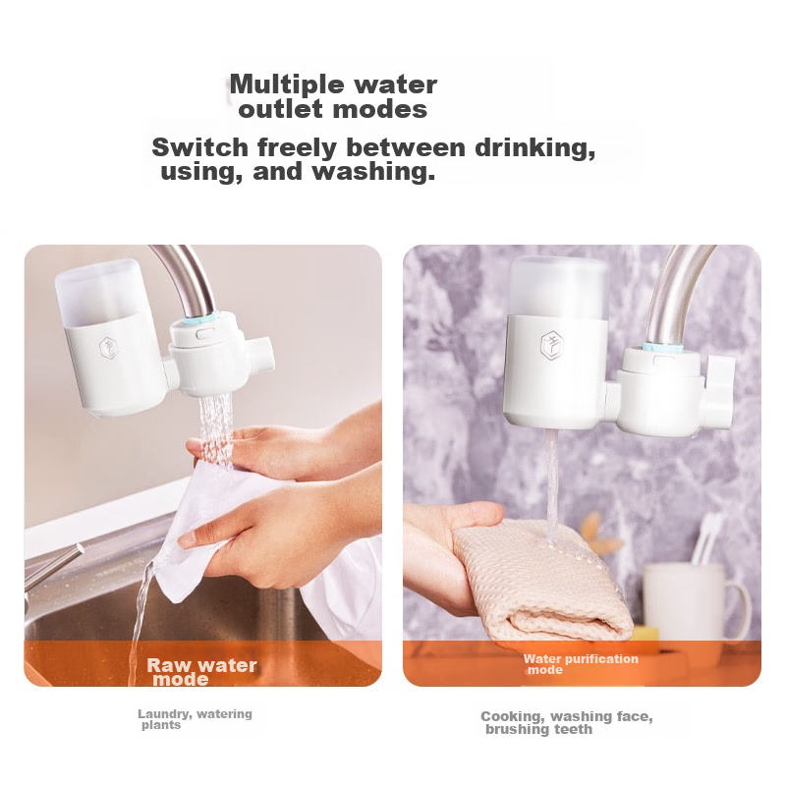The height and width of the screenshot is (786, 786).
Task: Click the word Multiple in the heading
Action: pos(288,84)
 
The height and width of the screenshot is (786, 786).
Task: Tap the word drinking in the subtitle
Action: pos(534,147)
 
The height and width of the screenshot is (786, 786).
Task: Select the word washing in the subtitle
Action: pos(373,171)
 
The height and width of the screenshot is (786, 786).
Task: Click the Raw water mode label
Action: pos(201,672)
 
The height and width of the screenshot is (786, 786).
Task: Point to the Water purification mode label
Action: pos(581,664)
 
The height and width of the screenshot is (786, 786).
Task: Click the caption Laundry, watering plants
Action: pos(195,719)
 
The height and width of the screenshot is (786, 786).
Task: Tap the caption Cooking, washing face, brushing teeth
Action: pos(567,722)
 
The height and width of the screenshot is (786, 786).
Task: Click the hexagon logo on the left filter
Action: pos(108,348)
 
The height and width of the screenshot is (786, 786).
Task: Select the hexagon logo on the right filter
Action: pos(552,347)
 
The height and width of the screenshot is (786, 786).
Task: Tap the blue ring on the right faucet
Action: pos(661,347)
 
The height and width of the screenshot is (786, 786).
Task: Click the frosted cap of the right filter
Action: pos(558,286)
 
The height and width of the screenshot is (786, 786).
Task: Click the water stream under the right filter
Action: pos(551,485)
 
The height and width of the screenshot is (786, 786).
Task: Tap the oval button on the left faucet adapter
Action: pos(204,333)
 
